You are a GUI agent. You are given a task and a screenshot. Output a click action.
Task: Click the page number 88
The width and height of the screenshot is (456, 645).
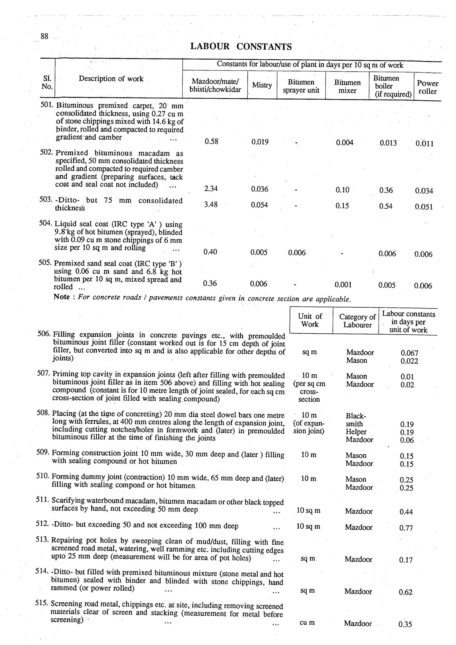coord(44,36)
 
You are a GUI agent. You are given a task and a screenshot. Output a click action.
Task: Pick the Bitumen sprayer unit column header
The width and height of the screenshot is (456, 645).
coord(301,86)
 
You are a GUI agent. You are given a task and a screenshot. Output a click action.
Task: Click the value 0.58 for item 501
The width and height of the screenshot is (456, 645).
coord(211,141)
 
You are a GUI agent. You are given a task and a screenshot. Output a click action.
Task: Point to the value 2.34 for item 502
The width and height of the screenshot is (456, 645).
coord(211,189)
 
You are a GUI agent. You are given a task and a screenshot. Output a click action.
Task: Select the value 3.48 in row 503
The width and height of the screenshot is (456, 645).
coord(211,204)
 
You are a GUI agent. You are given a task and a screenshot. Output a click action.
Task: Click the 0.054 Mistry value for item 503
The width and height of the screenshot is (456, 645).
coord(259,205)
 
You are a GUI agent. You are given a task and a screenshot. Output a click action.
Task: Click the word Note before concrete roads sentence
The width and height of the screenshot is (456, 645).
coord(61,297)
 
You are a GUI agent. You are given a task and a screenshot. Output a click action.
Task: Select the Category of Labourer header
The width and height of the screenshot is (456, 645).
coord(357,321)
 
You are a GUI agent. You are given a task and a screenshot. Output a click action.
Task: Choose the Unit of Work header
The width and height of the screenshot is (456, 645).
coord(310,320)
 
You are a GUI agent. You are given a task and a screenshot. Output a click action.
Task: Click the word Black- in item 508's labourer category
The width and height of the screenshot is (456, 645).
coord(356,416)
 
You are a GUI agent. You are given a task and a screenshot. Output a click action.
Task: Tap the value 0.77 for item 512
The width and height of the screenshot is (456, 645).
coord(406,528)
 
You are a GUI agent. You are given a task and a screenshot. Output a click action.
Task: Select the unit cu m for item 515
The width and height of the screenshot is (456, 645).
coord(307,623)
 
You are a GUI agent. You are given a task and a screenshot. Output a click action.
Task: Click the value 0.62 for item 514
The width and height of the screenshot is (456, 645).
coord(405,592)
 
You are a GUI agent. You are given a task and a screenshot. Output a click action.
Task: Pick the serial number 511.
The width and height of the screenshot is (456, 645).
coord(43,500)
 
